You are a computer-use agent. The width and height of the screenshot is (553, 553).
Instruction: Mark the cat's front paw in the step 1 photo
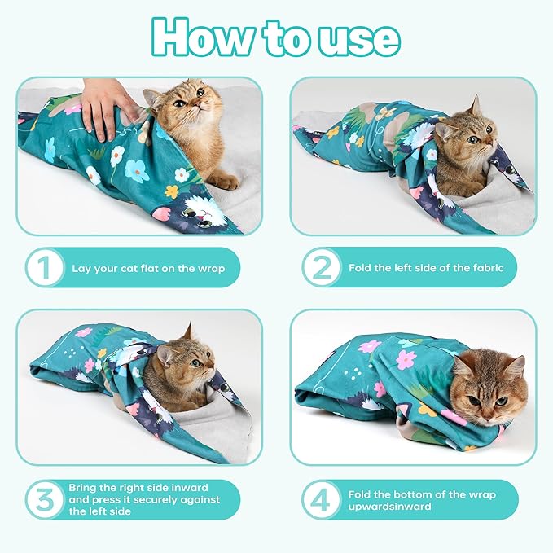223,182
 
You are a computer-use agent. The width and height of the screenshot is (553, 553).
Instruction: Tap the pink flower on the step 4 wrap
405,360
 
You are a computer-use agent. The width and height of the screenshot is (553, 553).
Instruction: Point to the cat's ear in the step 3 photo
187,331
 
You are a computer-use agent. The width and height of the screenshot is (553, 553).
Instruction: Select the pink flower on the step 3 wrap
84,332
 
